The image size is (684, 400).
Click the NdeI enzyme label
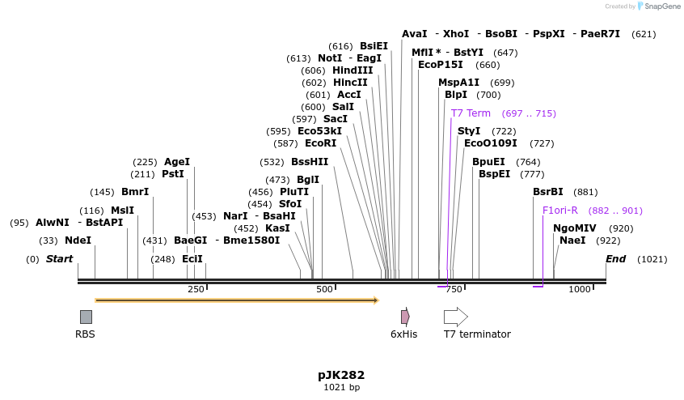click(x=78, y=240)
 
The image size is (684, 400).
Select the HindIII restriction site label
click(x=353, y=70)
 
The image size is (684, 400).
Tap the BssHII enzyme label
click(x=310, y=162)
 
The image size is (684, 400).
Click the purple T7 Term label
click(x=471, y=113)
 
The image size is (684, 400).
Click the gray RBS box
click(x=86, y=317)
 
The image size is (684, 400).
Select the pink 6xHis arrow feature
click(x=405, y=317)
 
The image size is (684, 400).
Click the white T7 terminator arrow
click(x=456, y=317)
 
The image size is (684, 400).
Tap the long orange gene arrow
click(x=236, y=300)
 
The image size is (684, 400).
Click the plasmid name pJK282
click(x=341, y=376)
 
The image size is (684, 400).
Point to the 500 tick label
click(x=324, y=289)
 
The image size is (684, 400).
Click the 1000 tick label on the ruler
click(x=579, y=289)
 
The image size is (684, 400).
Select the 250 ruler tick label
click(x=196, y=289)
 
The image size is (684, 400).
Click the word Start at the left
click(x=59, y=259)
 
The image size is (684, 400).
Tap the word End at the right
click(x=615, y=259)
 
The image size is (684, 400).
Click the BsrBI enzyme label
click(x=548, y=192)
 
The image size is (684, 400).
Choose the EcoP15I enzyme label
click(x=441, y=65)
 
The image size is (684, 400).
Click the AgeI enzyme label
click(x=177, y=162)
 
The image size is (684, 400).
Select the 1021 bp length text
click(x=341, y=388)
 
